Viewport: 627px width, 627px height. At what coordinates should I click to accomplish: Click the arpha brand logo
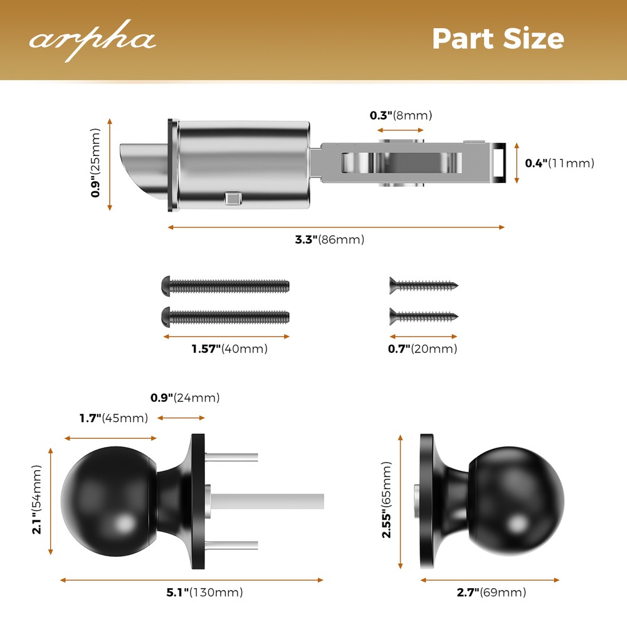coord(92,40)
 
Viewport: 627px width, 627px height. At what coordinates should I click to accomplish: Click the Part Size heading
coord(498,39)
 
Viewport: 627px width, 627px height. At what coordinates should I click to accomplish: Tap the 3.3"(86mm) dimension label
coord(329,240)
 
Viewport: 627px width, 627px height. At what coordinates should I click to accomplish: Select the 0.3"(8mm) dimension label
coord(401,115)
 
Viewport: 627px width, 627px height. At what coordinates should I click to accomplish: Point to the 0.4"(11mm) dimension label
coord(559,164)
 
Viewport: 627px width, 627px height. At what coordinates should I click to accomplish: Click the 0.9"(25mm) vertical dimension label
coord(96,163)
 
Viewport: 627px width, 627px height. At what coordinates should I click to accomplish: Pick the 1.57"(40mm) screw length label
coord(229,349)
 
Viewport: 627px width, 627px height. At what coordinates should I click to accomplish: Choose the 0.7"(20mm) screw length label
coord(423,349)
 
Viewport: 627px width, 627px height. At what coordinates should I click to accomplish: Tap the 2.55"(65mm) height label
coord(386,500)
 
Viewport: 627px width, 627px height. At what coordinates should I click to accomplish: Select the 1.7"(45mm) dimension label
coord(113,418)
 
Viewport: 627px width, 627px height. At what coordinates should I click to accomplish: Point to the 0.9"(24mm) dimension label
coord(185,398)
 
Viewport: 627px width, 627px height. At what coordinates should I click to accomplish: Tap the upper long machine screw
coord(226,286)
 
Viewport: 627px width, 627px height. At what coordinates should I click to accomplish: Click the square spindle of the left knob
coord(270,500)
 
